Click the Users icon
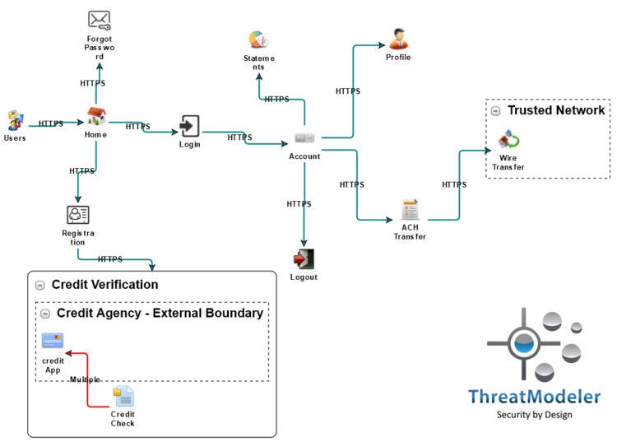coord(15,120)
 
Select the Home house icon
coord(97,118)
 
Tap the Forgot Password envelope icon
coord(100,20)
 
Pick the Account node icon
coord(304,137)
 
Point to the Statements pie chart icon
coord(260,40)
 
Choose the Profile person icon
coord(398,39)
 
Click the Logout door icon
coord(304,259)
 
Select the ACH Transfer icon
coord(409,209)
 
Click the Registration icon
coord(78,216)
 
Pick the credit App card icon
coord(53,341)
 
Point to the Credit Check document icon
coord(123,397)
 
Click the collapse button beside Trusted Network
coord(495,111)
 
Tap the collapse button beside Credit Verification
coord(39,285)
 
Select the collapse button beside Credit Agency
coord(45,314)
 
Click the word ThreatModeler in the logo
coord(534,397)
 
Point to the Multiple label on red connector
coord(85,379)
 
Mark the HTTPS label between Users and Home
coord(51,124)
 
